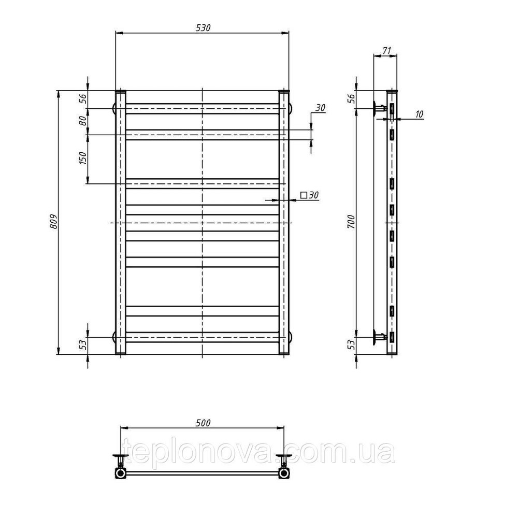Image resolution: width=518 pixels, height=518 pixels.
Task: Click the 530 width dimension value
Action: pos(203,28)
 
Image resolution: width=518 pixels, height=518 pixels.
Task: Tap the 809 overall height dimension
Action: pos(54,222)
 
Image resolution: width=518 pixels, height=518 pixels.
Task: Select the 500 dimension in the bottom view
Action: pos(203,423)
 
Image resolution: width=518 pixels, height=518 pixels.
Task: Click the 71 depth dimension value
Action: pos(387,51)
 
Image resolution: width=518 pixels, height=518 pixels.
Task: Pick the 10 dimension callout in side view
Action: pos(419,114)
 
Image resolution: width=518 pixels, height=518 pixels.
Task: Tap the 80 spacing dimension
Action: pos(83,121)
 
